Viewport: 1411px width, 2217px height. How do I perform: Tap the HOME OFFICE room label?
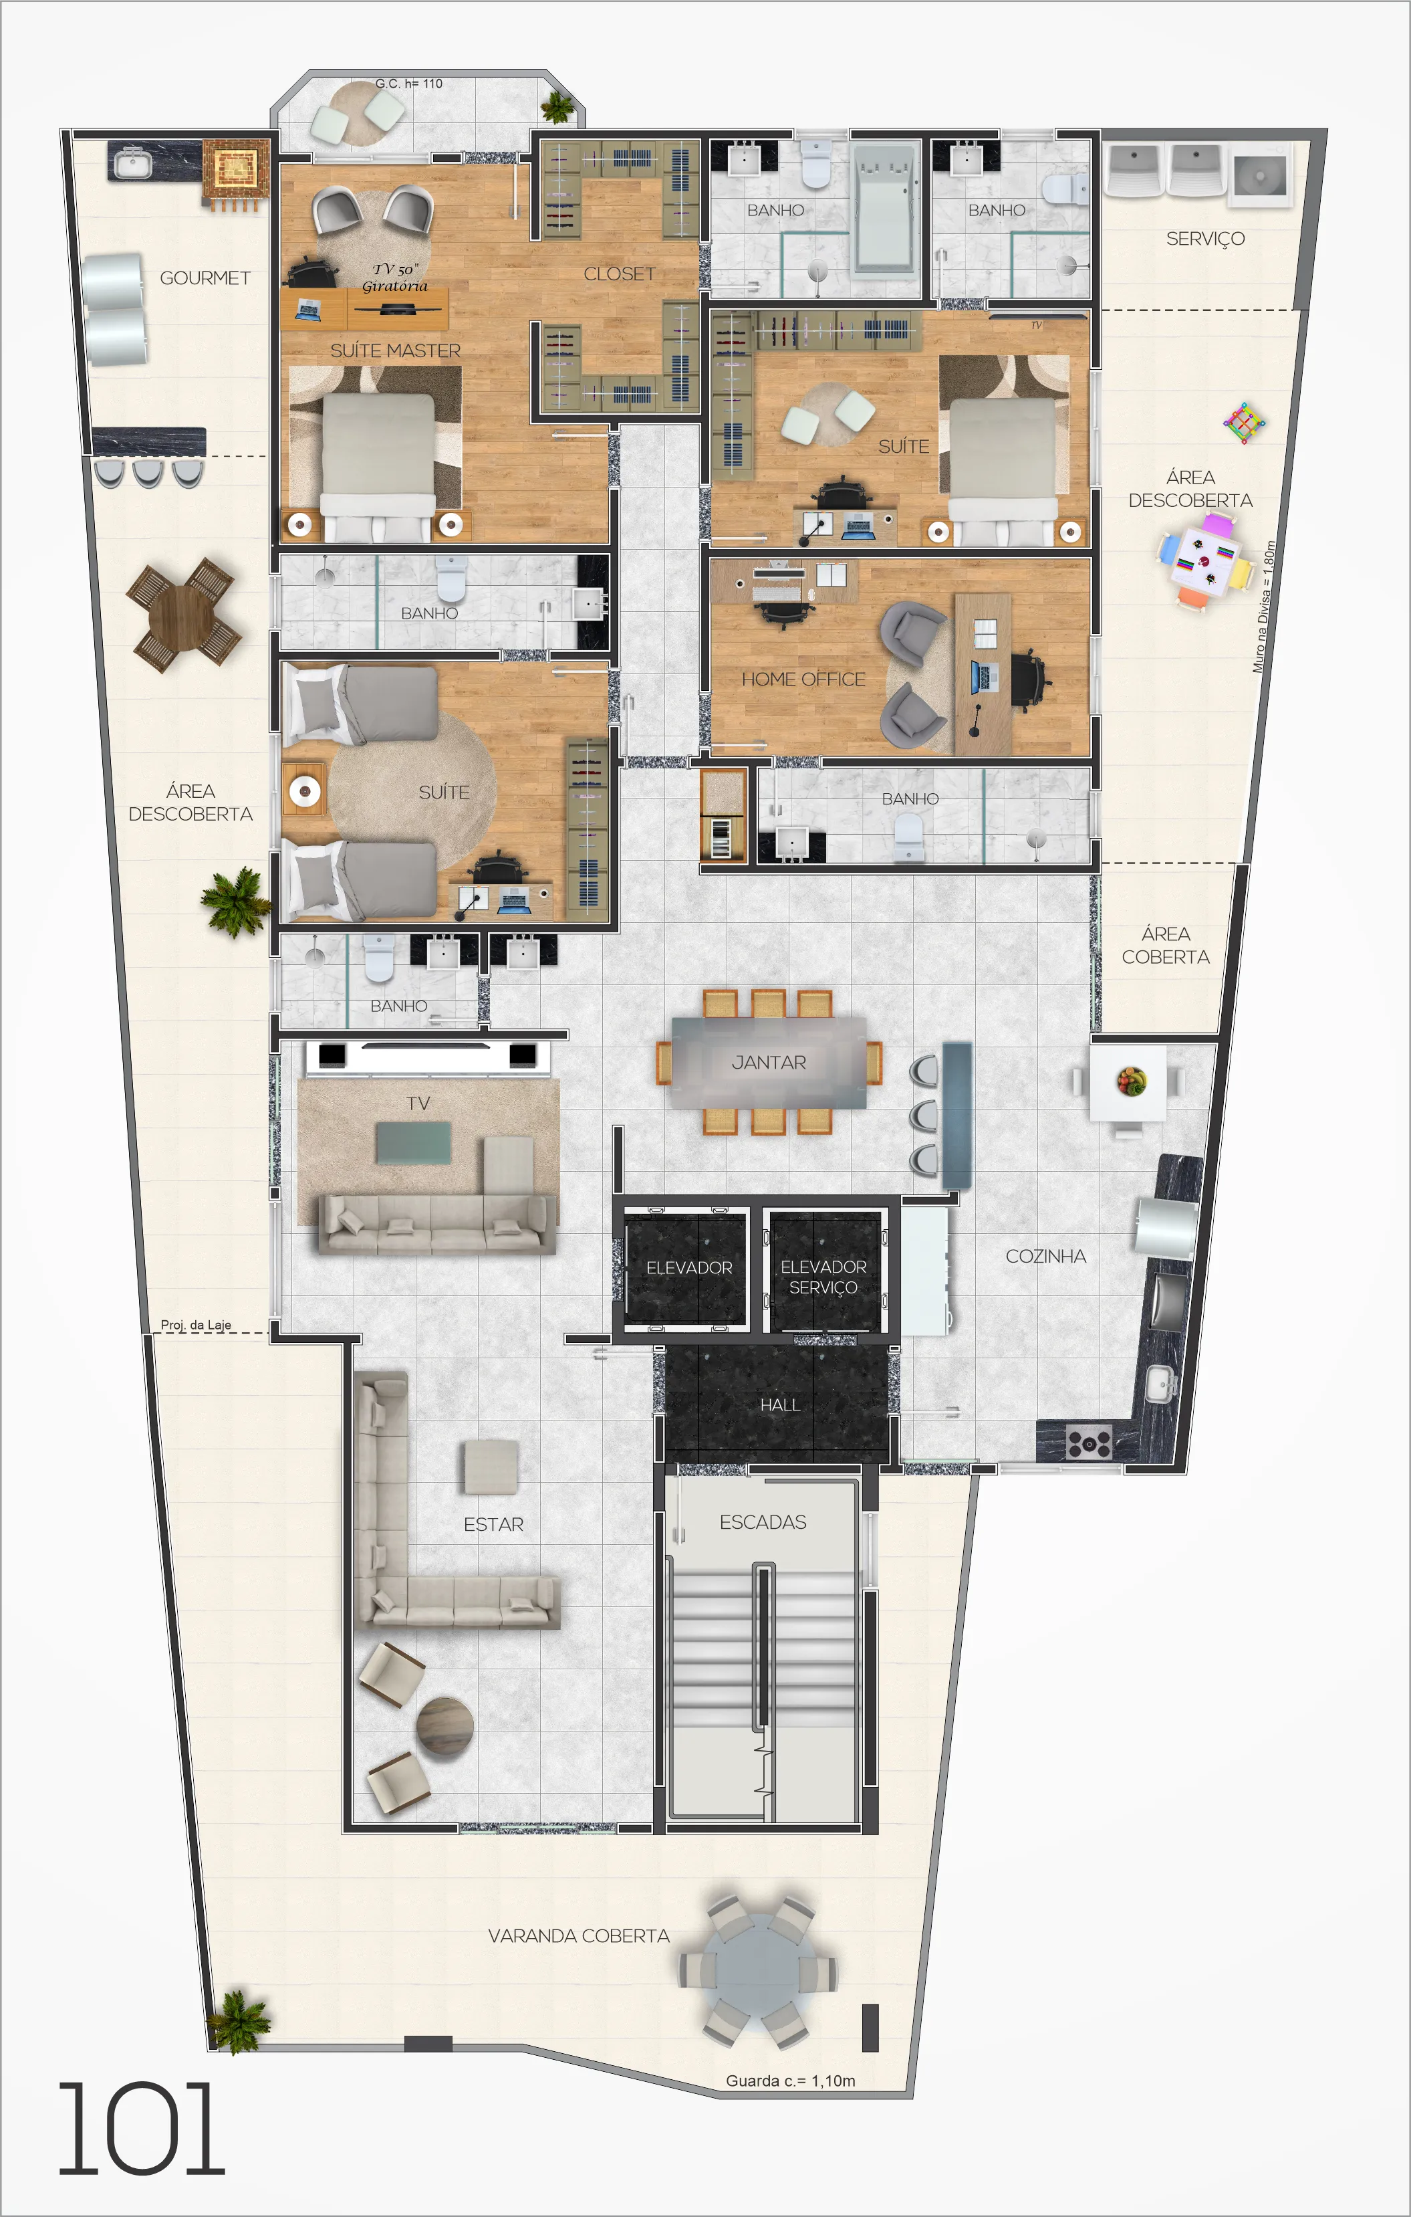click(803, 679)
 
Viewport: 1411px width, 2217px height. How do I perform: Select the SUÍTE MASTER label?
click(396, 351)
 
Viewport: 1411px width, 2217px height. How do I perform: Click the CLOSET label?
click(620, 274)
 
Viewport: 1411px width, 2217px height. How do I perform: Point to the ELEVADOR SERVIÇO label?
click(823, 1277)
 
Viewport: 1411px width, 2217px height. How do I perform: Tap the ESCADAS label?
click(763, 1522)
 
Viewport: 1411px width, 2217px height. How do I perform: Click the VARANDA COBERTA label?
click(579, 1935)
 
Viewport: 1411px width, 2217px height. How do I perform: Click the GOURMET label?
click(205, 278)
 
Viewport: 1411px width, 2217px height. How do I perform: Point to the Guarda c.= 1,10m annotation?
click(791, 2081)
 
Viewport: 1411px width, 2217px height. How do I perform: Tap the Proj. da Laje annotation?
click(196, 1325)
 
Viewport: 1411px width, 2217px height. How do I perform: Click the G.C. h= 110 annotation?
click(408, 84)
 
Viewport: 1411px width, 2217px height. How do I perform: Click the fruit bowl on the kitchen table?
click(1131, 1080)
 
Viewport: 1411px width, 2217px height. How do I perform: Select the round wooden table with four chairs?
click(184, 616)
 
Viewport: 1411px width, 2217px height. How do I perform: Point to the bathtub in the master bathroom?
click(884, 209)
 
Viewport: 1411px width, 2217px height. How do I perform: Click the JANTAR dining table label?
click(769, 1063)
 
